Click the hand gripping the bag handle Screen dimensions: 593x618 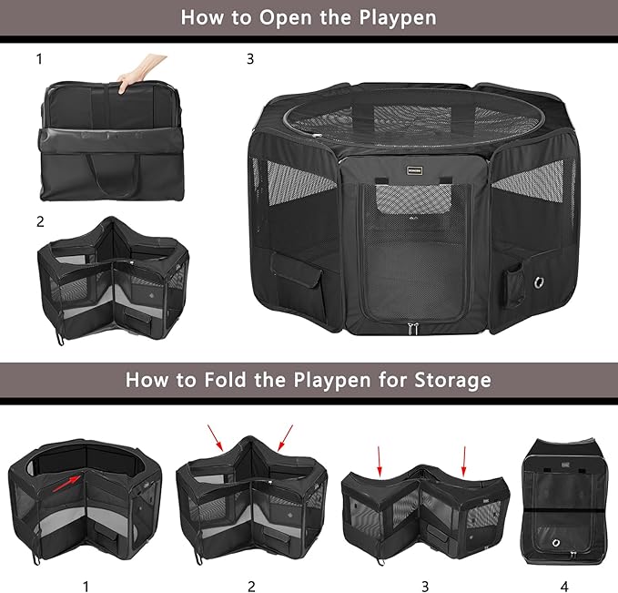tap(145, 69)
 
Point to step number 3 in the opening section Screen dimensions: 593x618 tap(250, 59)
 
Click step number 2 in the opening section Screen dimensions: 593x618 tap(40, 221)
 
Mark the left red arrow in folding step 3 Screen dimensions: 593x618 tap(380, 457)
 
